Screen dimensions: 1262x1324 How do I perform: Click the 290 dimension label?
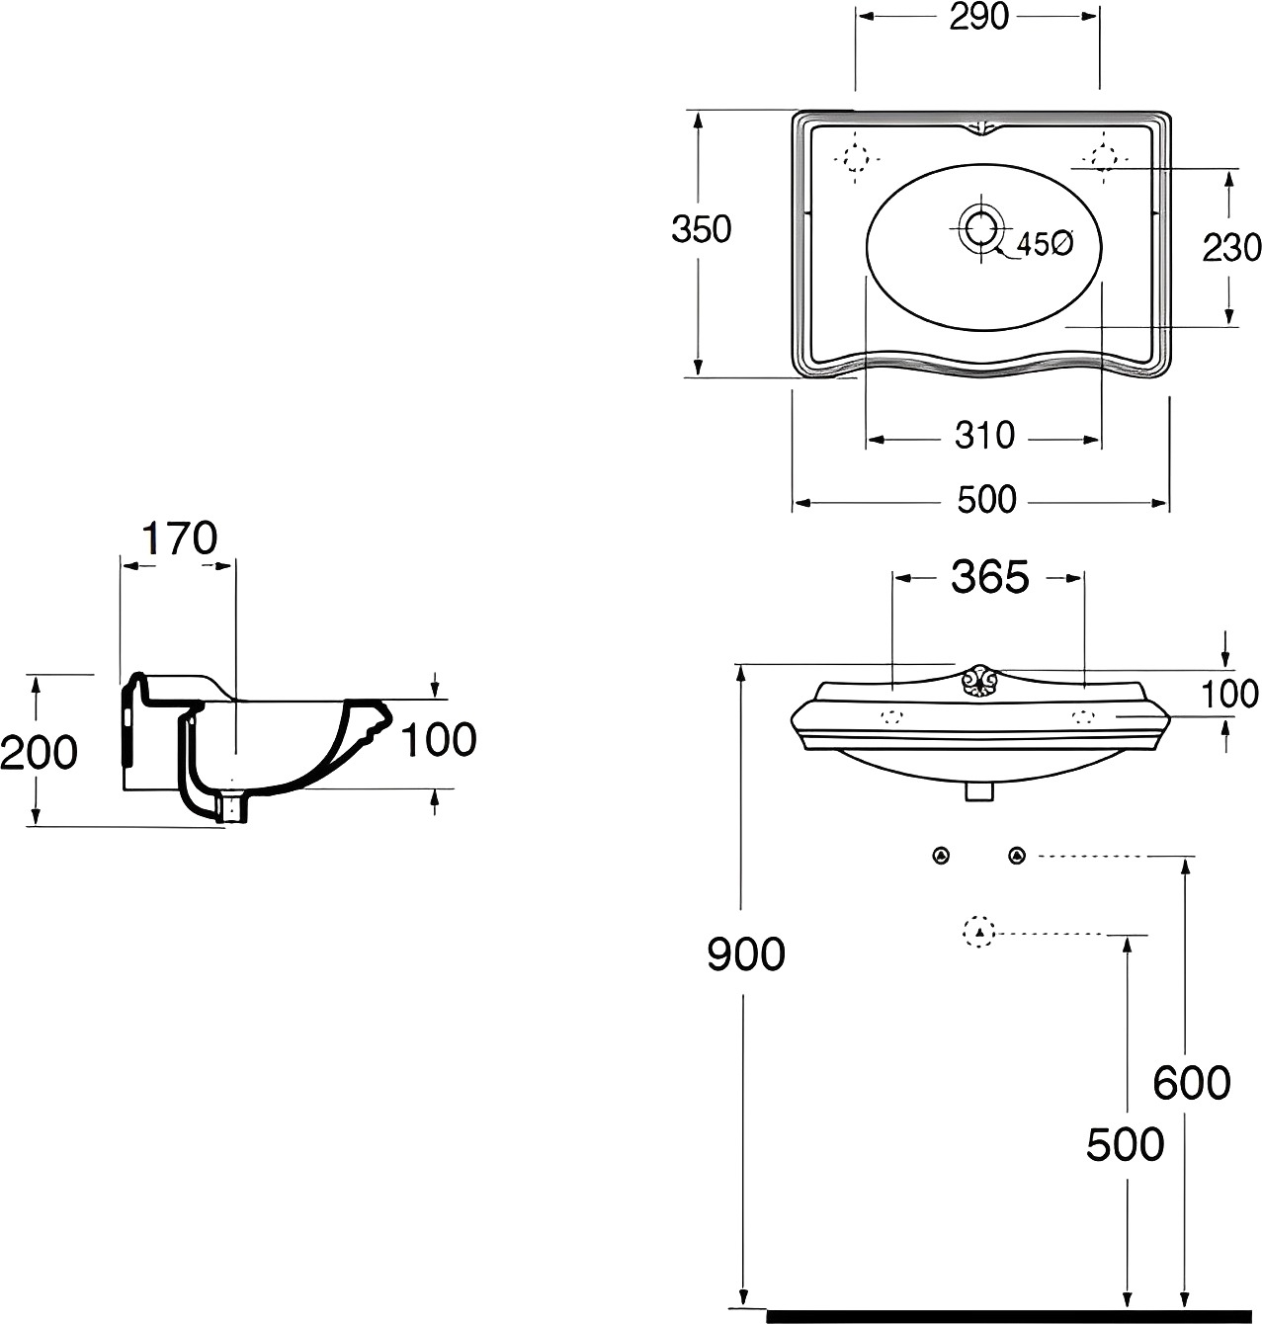pos(978,18)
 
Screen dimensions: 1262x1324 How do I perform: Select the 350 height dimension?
pos(702,229)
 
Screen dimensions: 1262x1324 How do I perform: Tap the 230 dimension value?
pos(1231,247)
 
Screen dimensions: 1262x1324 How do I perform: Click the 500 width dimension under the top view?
pos(986,500)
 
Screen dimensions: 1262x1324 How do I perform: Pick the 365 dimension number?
pos(990,577)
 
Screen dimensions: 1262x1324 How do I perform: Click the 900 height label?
pos(746,954)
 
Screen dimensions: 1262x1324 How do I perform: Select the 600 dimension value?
pos(1191,1083)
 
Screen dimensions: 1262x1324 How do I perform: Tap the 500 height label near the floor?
pos(1126,1144)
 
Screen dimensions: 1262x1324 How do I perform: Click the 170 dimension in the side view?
pos(179,538)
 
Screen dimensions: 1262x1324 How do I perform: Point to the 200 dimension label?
pos(39,752)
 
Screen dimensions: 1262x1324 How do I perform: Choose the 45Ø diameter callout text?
pos(1045,244)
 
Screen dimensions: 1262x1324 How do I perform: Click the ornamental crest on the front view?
pos(977,682)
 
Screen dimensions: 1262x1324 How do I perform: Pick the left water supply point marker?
pos(941,856)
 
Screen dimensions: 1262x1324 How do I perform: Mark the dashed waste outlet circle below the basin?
pos(979,932)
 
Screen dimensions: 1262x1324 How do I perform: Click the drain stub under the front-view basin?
pos(978,791)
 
